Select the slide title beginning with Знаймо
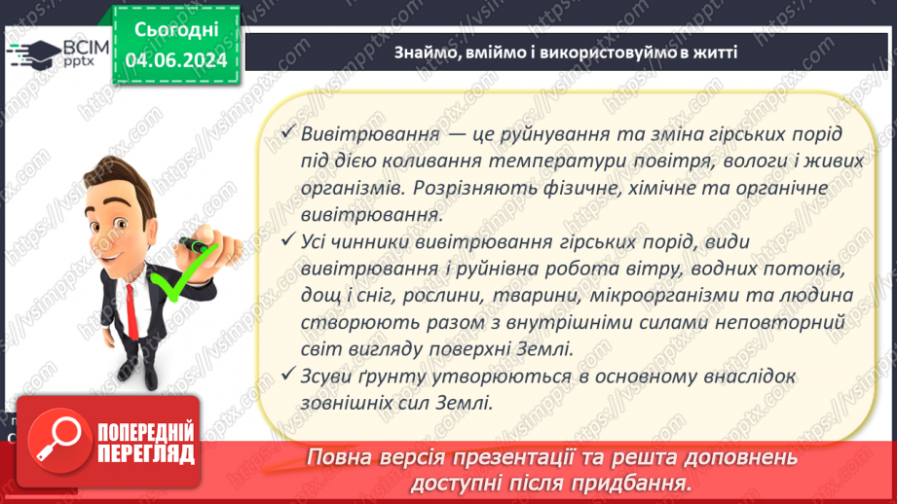pos(566,52)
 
